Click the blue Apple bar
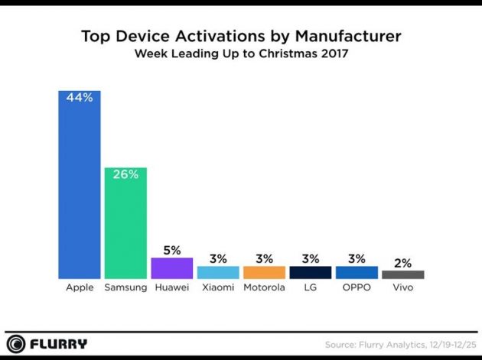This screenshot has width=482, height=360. (80, 191)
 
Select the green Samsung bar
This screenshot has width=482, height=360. (125, 225)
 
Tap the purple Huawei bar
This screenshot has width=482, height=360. (171, 268)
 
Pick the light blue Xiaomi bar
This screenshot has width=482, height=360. (218, 272)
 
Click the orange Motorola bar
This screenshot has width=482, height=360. (264, 272)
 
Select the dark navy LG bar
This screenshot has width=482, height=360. (310, 272)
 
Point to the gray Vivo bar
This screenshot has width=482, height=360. (402, 274)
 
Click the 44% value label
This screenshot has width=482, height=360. (80, 99)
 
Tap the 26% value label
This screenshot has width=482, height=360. (125, 174)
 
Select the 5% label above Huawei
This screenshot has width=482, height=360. (171, 249)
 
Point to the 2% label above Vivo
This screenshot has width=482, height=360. (402, 262)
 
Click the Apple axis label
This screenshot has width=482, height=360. (80, 288)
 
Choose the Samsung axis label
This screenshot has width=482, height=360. (125, 288)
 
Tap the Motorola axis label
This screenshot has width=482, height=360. (264, 288)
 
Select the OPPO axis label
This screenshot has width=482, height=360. (357, 288)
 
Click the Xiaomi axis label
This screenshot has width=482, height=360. (218, 288)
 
